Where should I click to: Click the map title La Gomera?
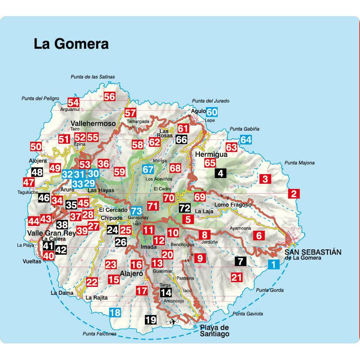[x=71, y=44]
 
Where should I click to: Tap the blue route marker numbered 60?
[x=212, y=112]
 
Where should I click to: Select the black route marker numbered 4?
[x=221, y=173]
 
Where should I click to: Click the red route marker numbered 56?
[x=109, y=97]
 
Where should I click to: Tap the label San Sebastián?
[x=313, y=252]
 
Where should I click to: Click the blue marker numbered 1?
[x=273, y=263]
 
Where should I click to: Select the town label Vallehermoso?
[x=93, y=123]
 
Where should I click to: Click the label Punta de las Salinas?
[x=93, y=77]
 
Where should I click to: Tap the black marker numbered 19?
[x=151, y=320]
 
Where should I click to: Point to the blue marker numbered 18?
[x=115, y=312]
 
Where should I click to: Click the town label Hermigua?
[x=212, y=154]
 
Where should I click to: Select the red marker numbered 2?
[x=294, y=194]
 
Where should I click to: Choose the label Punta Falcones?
[x=99, y=334]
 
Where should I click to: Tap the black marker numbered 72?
[x=185, y=208]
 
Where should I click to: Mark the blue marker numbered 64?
[x=246, y=140]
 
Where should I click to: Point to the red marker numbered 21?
[x=236, y=276]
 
